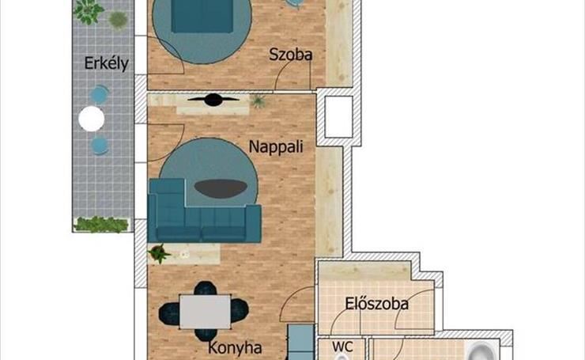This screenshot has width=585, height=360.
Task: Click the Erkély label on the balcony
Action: pos(107,63)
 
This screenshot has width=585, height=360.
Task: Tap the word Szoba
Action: pos(291,55)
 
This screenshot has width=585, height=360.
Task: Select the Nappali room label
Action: pos(276,146)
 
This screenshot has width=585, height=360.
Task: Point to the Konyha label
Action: pos(235,347)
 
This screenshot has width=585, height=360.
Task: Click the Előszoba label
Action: pos(377,304)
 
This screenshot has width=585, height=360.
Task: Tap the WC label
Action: pos(342,347)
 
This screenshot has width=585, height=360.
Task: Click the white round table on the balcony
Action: pos(92,119)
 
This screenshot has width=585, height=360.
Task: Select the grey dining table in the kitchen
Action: pos(205,312)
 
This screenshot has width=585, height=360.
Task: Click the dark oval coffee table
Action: pos(221,189)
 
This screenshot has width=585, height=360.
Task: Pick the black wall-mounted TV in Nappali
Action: pos(213,100)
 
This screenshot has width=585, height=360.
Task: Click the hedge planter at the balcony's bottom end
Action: pos(101,224)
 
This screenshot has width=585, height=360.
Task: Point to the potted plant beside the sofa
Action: pos(160,253)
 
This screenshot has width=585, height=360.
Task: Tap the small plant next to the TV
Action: pos(259,100)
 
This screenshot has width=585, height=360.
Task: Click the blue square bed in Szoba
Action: pos(202,16)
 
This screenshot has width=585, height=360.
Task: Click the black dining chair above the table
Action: pos(205,288)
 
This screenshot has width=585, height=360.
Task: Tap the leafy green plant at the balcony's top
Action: pos(89,11)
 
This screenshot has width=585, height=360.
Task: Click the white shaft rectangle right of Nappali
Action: pos(339,117)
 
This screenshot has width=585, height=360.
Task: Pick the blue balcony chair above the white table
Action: pos(100,95)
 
